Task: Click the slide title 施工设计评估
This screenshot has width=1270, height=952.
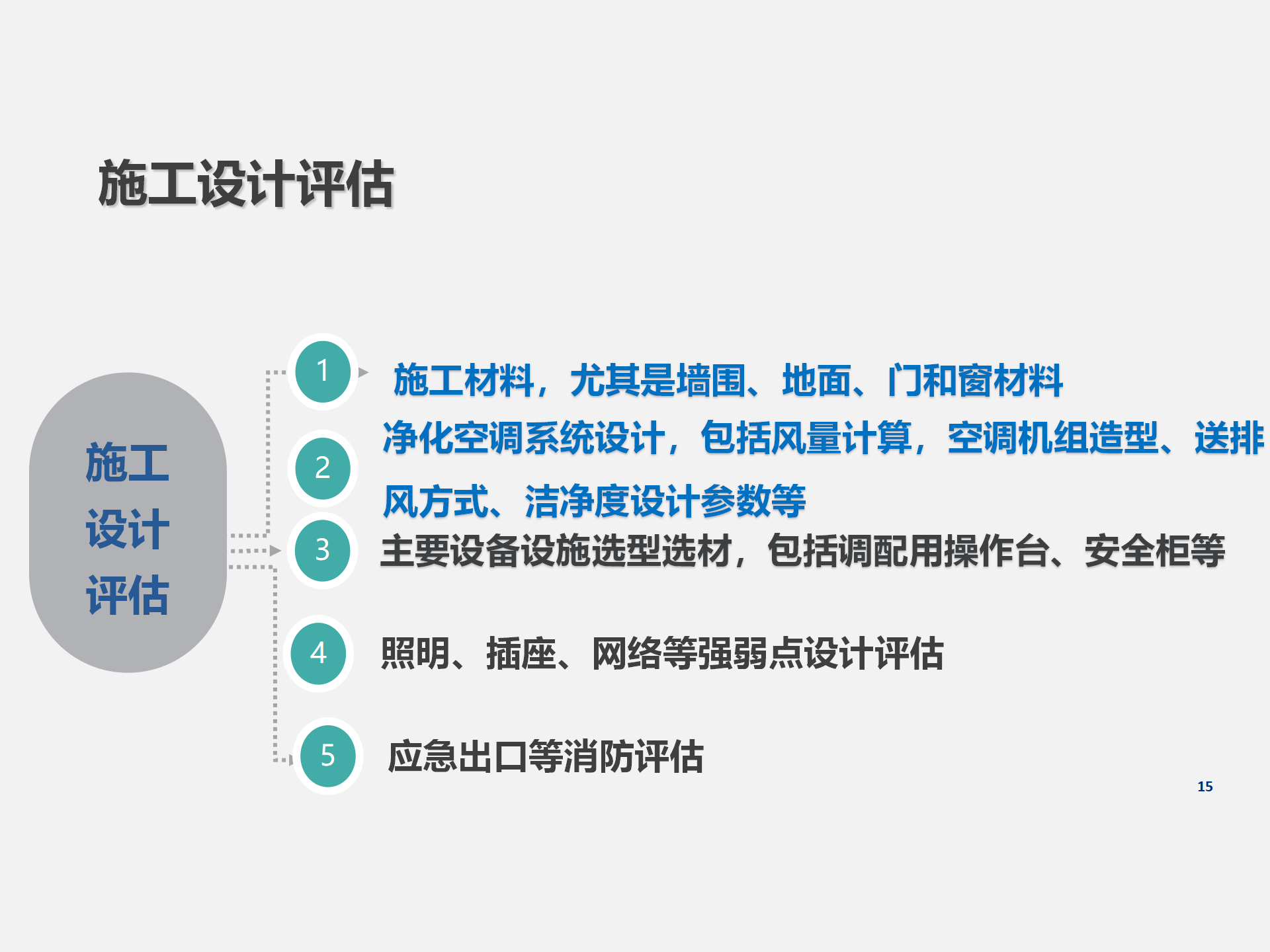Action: [246, 184]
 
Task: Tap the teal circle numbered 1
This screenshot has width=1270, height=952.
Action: [323, 372]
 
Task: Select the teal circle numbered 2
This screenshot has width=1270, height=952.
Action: [323, 469]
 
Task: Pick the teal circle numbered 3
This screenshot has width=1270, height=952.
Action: [323, 551]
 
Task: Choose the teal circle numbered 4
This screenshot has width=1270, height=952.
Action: [318, 653]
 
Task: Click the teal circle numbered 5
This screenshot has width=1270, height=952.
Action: [328, 756]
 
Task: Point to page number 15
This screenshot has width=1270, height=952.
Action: [1205, 787]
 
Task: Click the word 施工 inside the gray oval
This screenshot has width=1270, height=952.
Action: [127, 463]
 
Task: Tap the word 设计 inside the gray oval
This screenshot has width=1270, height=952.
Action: [127, 529]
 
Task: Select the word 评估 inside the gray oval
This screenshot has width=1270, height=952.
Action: [127, 595]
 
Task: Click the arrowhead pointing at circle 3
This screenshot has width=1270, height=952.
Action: [276, 551]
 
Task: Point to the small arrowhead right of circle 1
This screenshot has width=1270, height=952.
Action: [363, 372]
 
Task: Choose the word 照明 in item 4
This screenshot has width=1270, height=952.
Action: [415, 654]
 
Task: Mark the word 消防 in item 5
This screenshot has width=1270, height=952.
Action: [599, 756]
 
